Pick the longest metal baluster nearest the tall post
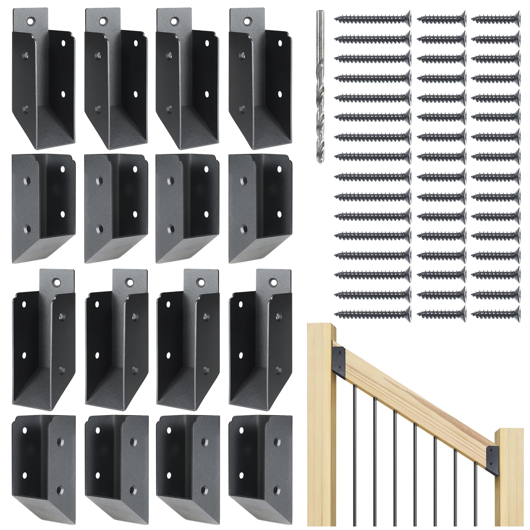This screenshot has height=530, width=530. click(x=355, y=453)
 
